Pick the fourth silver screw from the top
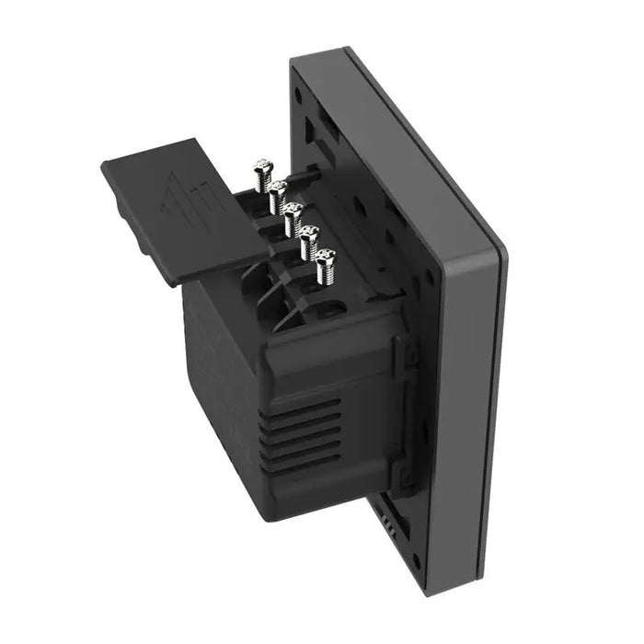pos(309,240)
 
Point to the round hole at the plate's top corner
pos(299,95)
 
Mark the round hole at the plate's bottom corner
pos(418,559)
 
